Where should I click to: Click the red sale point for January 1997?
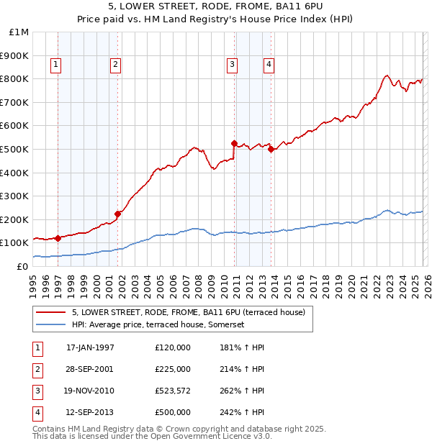[x=58, y=238]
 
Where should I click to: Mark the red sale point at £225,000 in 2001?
[x=117, y=214]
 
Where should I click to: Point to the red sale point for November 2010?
[x=234, y=143]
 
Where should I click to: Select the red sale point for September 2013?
[x=271, y=149]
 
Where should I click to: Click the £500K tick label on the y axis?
[x=14, y=149]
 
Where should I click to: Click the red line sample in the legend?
[x=50, y=312]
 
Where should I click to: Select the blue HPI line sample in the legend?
[x=50, y=324]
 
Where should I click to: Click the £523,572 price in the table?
[x=173, y=391]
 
